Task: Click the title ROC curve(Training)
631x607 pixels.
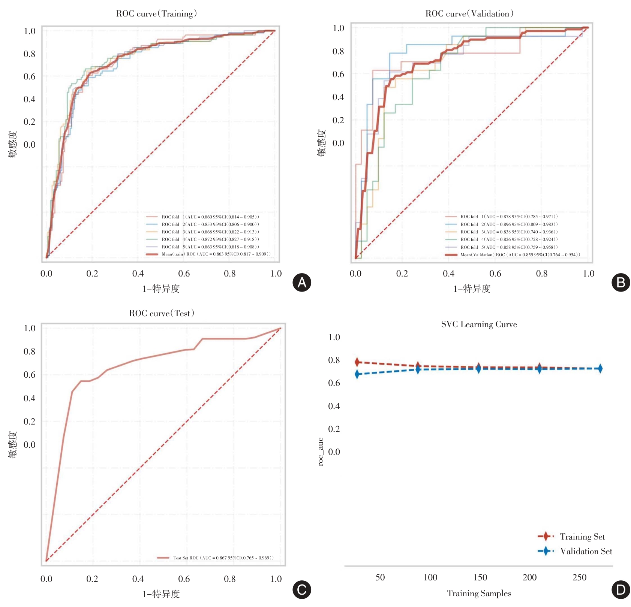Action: [x=156, y=14]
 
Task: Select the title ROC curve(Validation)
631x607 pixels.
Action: [x=469, y=14]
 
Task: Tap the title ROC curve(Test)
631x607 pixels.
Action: [x=162, y=313]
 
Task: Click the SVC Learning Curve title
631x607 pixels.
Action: [x=479, y=324]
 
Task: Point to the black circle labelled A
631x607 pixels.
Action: [x=302, y=283]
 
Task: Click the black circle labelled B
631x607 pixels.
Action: [x=621, y=283]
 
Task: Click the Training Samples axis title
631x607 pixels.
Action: [x=479, y=593]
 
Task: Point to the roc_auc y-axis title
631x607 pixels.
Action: [x=321, y=452]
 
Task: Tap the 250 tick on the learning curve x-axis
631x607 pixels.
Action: [x=579, y=577]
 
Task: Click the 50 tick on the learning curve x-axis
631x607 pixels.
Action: [x=380, y=577]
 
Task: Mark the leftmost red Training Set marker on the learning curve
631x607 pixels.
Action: [x=357, y=362]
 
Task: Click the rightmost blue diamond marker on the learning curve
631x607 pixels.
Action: [x=600, y=369]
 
